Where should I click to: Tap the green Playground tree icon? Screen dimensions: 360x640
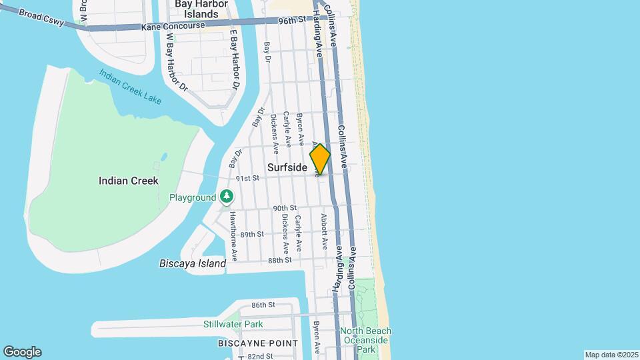(x=227, y=197)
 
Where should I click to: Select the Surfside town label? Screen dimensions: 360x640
(x=287, y=168)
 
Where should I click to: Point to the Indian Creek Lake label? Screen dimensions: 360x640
(x=131, y=86)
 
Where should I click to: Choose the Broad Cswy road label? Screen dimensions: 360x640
(x=42, y=17)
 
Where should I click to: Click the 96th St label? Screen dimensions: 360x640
(x=291, y=21)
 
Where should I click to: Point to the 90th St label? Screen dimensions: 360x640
(x=284, y=209)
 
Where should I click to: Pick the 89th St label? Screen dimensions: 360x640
(x=253, y=235)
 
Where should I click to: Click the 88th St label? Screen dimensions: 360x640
(x=280, y=260)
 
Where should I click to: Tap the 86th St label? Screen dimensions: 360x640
(x=263, y=305)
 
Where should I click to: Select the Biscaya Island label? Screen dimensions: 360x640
(x=193, y=263)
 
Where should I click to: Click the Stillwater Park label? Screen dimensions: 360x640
(x=233, y=325)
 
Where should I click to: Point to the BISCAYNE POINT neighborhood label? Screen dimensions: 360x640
(x=258, y=343)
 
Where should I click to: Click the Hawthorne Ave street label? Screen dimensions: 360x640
(x=234, y=235)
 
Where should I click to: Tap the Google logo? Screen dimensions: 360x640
(x=22, y=351)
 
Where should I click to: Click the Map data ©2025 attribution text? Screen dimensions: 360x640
(x=611, y=355)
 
